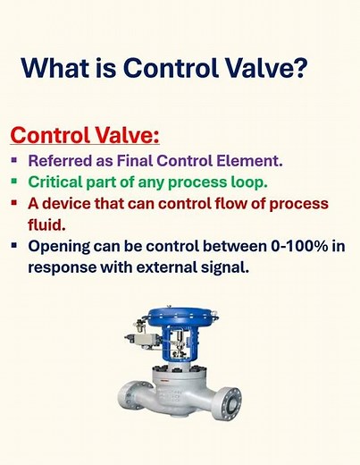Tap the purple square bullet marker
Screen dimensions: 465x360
14,161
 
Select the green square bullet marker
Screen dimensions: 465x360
14,182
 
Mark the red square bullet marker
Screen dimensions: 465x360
14,203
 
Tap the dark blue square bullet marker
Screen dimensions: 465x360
14,245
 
